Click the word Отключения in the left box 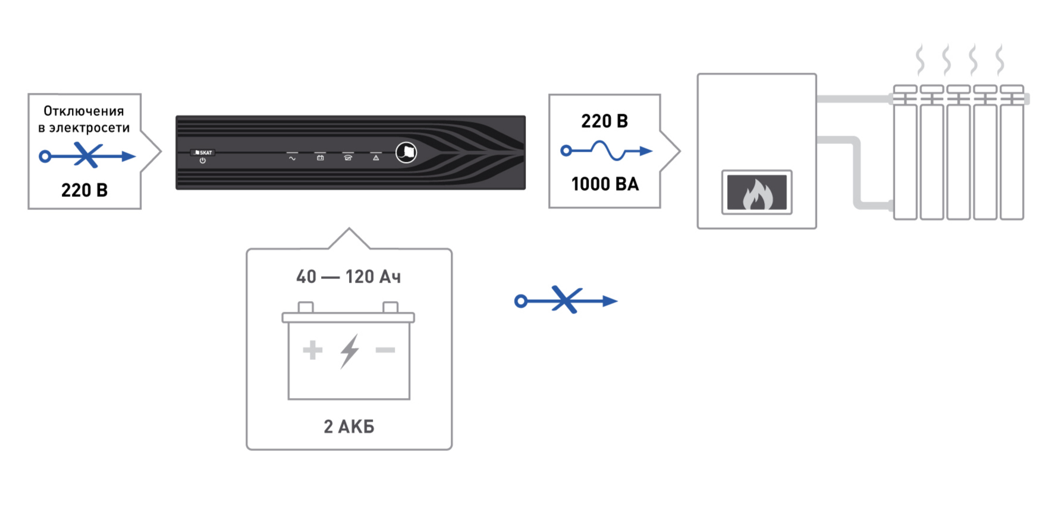pos(83,111)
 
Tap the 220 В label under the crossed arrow pos(84,190)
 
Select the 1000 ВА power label pos(605,184)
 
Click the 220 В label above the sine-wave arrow pos(604,121)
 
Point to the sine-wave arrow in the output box pos(606,151)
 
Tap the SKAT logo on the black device pos(203,152)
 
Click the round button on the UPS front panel pos(406,152)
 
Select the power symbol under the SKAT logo pos(203,161)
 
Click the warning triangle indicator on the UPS pos(376,158)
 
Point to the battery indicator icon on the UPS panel pos(320,158)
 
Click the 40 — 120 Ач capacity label pos(348,277)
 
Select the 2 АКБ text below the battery pos(348,427)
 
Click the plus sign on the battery pos(312,350)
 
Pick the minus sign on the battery pos(385,350)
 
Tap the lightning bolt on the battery pos(350,351)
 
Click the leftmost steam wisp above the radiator pos(920,60)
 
